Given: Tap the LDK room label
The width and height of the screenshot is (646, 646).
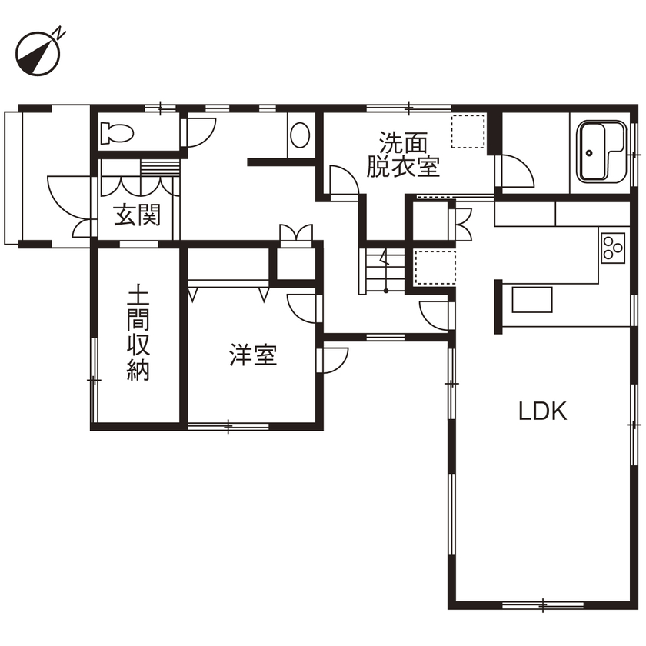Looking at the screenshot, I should click(542, 411).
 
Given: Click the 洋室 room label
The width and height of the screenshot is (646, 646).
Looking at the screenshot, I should click(253, 356).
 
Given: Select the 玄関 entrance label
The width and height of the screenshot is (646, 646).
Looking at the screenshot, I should click(138, 216).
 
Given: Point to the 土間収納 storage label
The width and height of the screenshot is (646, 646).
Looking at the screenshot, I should click(138, 335).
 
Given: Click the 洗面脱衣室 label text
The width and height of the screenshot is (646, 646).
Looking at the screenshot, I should click(402, 155).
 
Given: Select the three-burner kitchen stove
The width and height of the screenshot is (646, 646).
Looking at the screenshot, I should click(614, 248).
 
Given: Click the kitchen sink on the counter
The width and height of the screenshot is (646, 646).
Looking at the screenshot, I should click(531, 299).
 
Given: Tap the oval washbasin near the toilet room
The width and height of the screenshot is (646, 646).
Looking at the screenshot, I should click(300, 137).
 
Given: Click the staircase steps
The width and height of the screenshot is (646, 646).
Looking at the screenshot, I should click(378, 270).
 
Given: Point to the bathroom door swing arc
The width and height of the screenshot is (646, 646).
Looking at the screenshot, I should click(515, 171).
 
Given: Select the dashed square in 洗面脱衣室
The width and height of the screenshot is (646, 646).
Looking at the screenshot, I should click(468, 131).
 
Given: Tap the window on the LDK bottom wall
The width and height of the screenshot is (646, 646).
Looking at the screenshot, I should click(541, 604).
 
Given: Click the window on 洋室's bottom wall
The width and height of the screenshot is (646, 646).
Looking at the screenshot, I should click(228, 425).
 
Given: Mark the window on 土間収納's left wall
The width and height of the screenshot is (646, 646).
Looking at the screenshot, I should click(94, 380).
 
